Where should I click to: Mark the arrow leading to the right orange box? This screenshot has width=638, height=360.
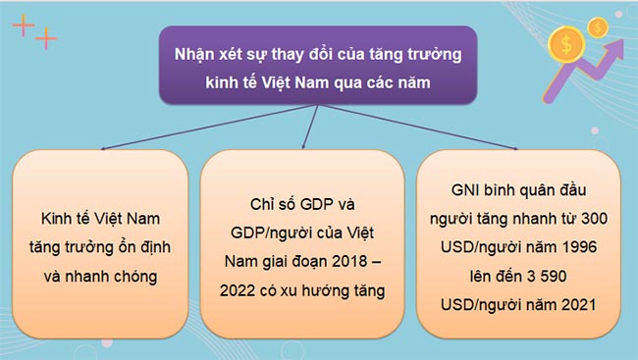pyautogui.click(x=514, y=148)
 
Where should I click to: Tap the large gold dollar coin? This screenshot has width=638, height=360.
pyautogui.click(x=563, y=43)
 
